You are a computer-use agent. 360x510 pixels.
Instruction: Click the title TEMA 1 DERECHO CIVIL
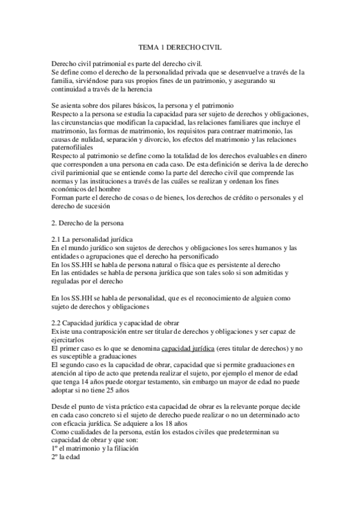(180, 46)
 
